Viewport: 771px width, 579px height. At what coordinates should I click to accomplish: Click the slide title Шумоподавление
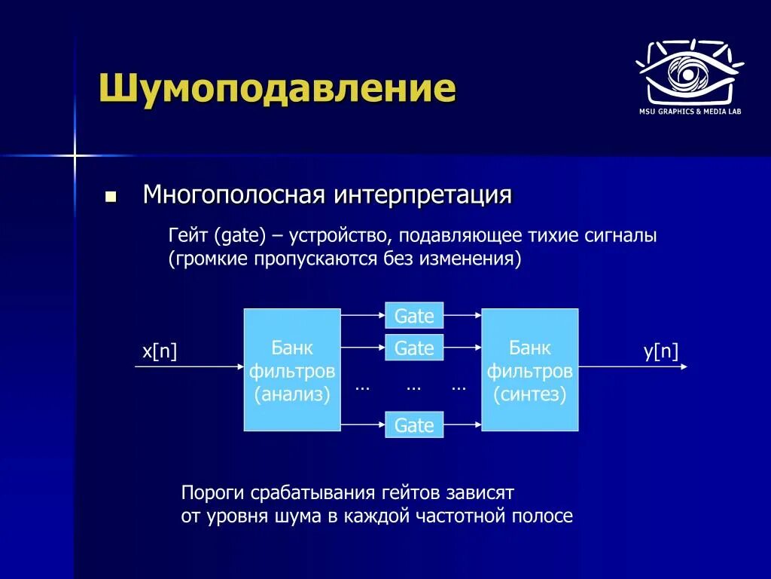[278, 89]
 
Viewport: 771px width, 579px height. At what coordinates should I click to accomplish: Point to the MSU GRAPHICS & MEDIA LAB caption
[690, 112]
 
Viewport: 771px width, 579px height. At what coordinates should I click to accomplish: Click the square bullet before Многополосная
[111, 198]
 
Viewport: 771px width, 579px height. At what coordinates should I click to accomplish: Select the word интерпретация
[423, 195]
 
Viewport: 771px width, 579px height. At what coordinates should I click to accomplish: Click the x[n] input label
[160, 351]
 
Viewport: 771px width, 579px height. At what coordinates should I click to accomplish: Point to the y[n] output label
[661, 351]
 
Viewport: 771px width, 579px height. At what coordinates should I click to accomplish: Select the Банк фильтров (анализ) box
[292, 369]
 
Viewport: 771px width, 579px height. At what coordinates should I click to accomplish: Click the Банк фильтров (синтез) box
[529, 369]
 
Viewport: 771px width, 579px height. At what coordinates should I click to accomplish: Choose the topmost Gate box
[414, 315]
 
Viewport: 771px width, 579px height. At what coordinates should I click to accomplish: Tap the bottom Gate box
[414, 424]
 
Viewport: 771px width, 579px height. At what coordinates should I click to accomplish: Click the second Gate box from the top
[414, 348]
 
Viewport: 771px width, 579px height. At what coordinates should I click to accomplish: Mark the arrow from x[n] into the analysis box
[189, 366]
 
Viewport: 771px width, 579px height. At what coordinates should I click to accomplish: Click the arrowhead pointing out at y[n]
[684, 366]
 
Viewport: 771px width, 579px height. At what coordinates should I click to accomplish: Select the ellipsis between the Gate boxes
[413, 388]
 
